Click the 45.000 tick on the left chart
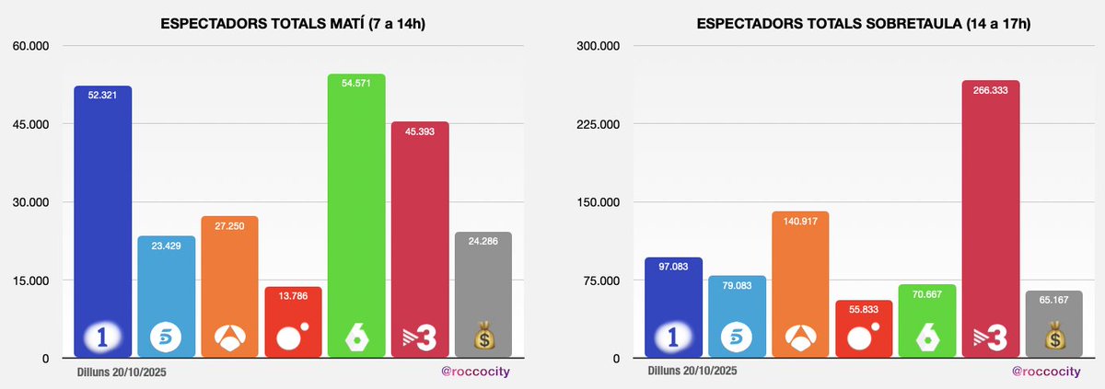(31, 124)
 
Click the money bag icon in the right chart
(1053, 338)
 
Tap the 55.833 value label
(864, 308)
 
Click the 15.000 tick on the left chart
(31, 280)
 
